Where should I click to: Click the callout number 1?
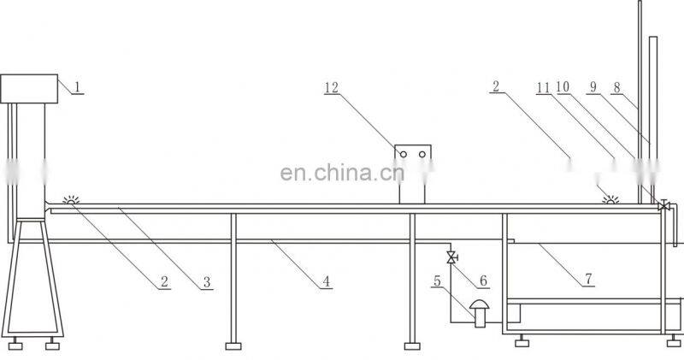(x=77, y=87)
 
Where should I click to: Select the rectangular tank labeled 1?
(x=29, y=89)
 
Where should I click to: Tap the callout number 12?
(x=332, y=88)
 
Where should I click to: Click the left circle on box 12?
(x=404, y=154)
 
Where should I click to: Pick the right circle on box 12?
(x=422, y=154)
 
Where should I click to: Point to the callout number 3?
(x=207, y=282)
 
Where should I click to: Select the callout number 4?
(x=327, y=281)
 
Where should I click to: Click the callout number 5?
(x=437, y=280)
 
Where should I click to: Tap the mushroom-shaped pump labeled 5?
(x=480, y=313)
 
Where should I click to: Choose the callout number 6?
(x=483, y=280)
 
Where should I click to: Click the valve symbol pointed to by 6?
(x=451, y=257)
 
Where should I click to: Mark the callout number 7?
(x=589, y=279)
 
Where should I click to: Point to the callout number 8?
(x=616, y=87)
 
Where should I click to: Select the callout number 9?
(x=593, y=87)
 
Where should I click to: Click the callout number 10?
(x=563, y=87)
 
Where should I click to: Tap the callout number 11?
(x=544, y=88)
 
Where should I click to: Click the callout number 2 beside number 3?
(x=164, y=281)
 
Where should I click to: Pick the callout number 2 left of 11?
(x=496, y=86)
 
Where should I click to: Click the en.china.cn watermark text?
(x=343, y=173)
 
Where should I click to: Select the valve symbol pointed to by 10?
(x=664, y=205)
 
